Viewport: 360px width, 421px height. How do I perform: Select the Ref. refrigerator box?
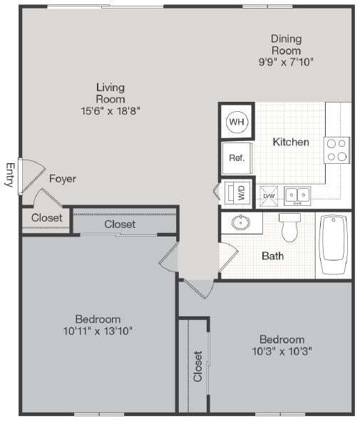(x=237, y=158)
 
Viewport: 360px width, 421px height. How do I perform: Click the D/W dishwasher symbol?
(x=269, y=194)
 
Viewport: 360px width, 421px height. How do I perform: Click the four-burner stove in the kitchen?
(x=337, y=150)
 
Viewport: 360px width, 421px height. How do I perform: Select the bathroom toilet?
(x=291, y=227)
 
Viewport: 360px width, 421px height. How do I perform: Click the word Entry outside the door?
(x=10, y=175)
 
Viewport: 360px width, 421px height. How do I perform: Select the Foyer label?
(x=62, y=179)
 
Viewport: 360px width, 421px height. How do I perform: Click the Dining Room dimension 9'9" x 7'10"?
(x=285, y=62)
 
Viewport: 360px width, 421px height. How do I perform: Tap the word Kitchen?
(x=291, y=142)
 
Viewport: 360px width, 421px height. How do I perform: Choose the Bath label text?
(x=273, y=255)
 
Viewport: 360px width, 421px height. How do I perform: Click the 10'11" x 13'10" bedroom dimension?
(x=98, y=331)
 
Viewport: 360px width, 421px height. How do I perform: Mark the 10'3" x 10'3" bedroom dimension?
(x=282, y=350)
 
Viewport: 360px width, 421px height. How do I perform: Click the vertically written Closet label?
(x=197, y=365)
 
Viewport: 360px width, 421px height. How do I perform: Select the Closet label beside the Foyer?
(x=46, y=217)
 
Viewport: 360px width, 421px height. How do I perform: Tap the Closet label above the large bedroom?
(x=120, y=224)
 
